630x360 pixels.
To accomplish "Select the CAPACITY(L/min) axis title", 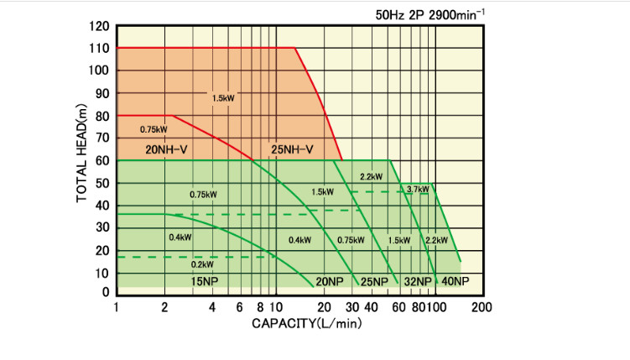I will (306, 323).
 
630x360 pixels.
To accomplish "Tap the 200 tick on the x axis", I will (482, 307).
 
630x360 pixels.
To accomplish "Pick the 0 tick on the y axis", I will (107, 292).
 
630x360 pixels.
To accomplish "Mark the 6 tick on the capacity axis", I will (240, 307).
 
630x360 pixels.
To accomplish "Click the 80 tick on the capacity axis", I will (417, 307).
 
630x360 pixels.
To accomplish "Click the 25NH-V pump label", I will (292, 150).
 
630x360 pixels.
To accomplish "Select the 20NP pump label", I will (330, 281).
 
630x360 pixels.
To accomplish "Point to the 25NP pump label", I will (374, 281).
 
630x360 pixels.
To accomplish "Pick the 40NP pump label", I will (455, 281).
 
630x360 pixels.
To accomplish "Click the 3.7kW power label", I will (417, 189).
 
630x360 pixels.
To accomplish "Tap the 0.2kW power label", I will (202, 264).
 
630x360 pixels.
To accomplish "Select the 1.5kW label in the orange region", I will (224, 98).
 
